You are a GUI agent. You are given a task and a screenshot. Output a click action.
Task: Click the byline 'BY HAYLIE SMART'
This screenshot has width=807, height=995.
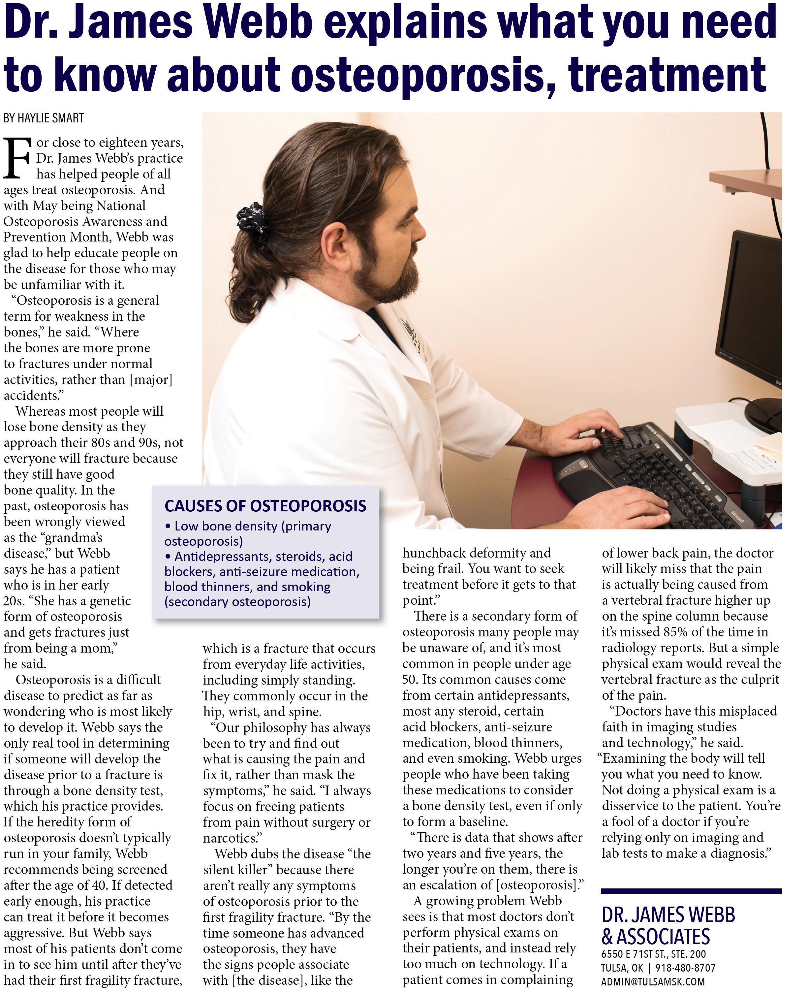44,118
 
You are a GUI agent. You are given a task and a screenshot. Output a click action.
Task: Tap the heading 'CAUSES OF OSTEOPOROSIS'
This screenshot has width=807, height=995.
265,506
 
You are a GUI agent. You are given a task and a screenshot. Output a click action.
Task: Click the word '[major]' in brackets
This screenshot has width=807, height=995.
151,379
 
